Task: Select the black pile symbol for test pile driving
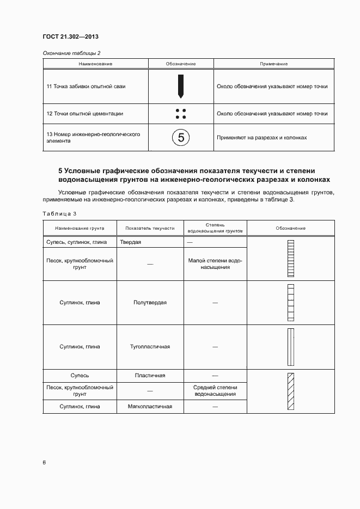click(x=180, y=85)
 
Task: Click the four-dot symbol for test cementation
click(x=180, y=114)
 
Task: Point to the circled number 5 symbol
click(x=180, y=137)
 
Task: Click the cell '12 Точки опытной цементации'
click(x=84, y=114)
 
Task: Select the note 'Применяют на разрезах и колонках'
click(x=261, y=137)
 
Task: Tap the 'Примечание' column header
click(x=273, y=64)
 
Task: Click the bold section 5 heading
click(x=193, y=175)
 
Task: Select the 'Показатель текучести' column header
click(x=150, y=228)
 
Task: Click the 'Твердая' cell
click(x=131, y=242)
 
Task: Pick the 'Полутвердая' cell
click(x=150, y=302)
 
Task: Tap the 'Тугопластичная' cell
click(x=150, y=346)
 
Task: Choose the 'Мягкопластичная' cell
click(x=150, y=406)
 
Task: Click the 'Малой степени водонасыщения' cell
click(x=215, y=264)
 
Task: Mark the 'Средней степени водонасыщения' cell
click(x=215, y=390)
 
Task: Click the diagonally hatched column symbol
click(x=290, y=391)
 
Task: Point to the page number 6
click(x=44, y=462)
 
